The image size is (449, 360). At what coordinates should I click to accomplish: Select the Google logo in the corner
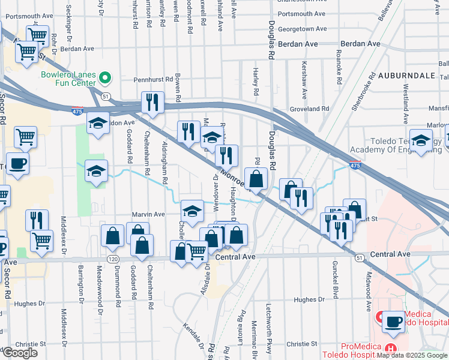(20, 353)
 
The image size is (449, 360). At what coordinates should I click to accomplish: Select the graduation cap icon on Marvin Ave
(192, 211)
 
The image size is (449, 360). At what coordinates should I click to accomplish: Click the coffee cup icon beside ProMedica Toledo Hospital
(393, 321)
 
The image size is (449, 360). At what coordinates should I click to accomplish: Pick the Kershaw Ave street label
(304, 80)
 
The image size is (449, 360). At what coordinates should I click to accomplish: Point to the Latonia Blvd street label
(243, 325)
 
